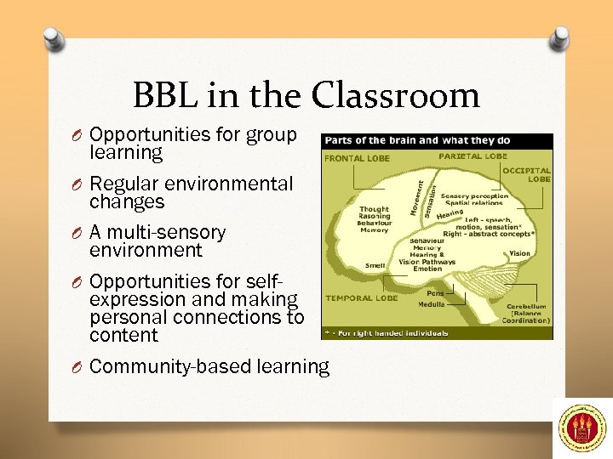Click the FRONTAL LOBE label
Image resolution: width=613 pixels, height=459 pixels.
pyautogui.click(x=356, y=158)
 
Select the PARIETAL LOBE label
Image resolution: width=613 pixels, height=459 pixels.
pyautogui.click(x=473, y=156)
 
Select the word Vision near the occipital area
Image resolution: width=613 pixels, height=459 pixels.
pyautogui.click(x=519, y=253)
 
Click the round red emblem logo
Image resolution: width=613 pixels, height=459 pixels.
pyautogui.click(x=582, y=428)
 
